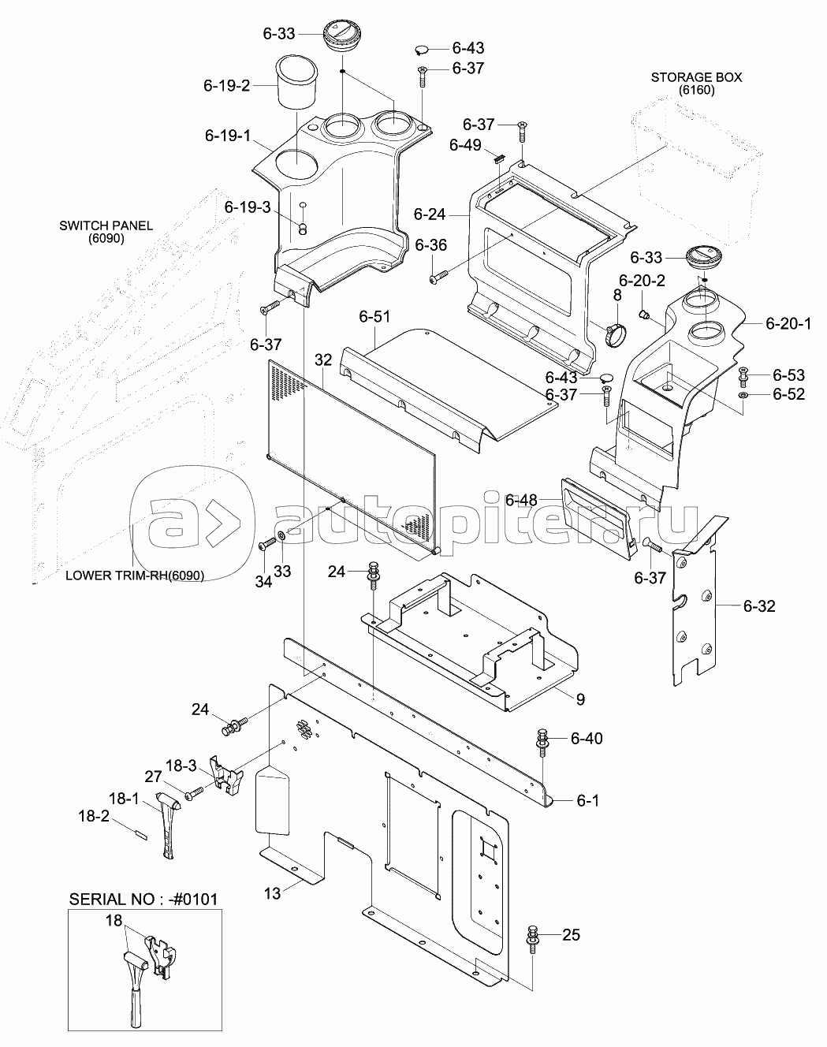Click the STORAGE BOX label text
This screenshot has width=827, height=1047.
(x=696, y=77)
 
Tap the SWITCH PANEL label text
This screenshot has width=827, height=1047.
(x=106, y=225)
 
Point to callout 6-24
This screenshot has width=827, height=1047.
(x=430, y=213)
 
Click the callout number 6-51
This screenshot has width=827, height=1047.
(x=374, y=317)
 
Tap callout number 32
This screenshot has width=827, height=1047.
(x=323, y=360)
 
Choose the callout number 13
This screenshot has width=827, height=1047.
(x=272, y=892)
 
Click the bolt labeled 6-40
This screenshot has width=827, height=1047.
(x=542, y=740)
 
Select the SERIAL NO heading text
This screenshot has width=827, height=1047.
(x=143, y=900)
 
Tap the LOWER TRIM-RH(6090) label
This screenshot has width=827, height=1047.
(x=134, y=575)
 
